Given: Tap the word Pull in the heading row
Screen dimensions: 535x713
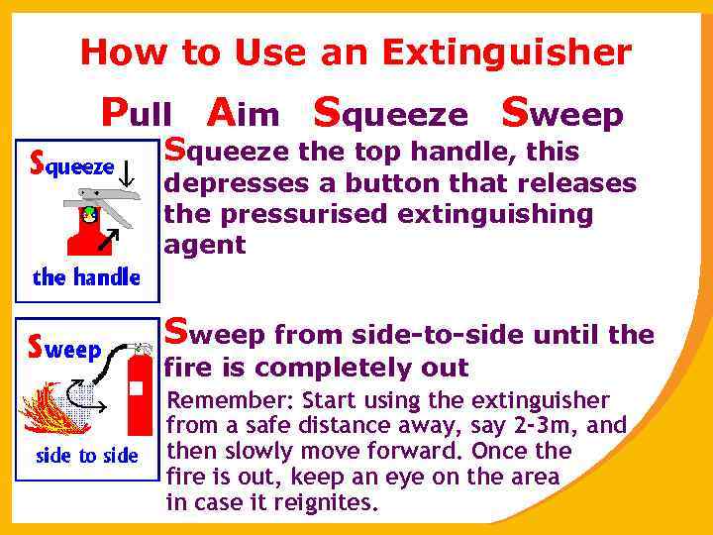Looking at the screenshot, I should [138, 114].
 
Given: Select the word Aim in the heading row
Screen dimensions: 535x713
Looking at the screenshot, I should [245, 114].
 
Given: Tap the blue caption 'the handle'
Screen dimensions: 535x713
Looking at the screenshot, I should [86, 277].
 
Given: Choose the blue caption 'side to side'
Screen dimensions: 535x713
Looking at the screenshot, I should [86, 456].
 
